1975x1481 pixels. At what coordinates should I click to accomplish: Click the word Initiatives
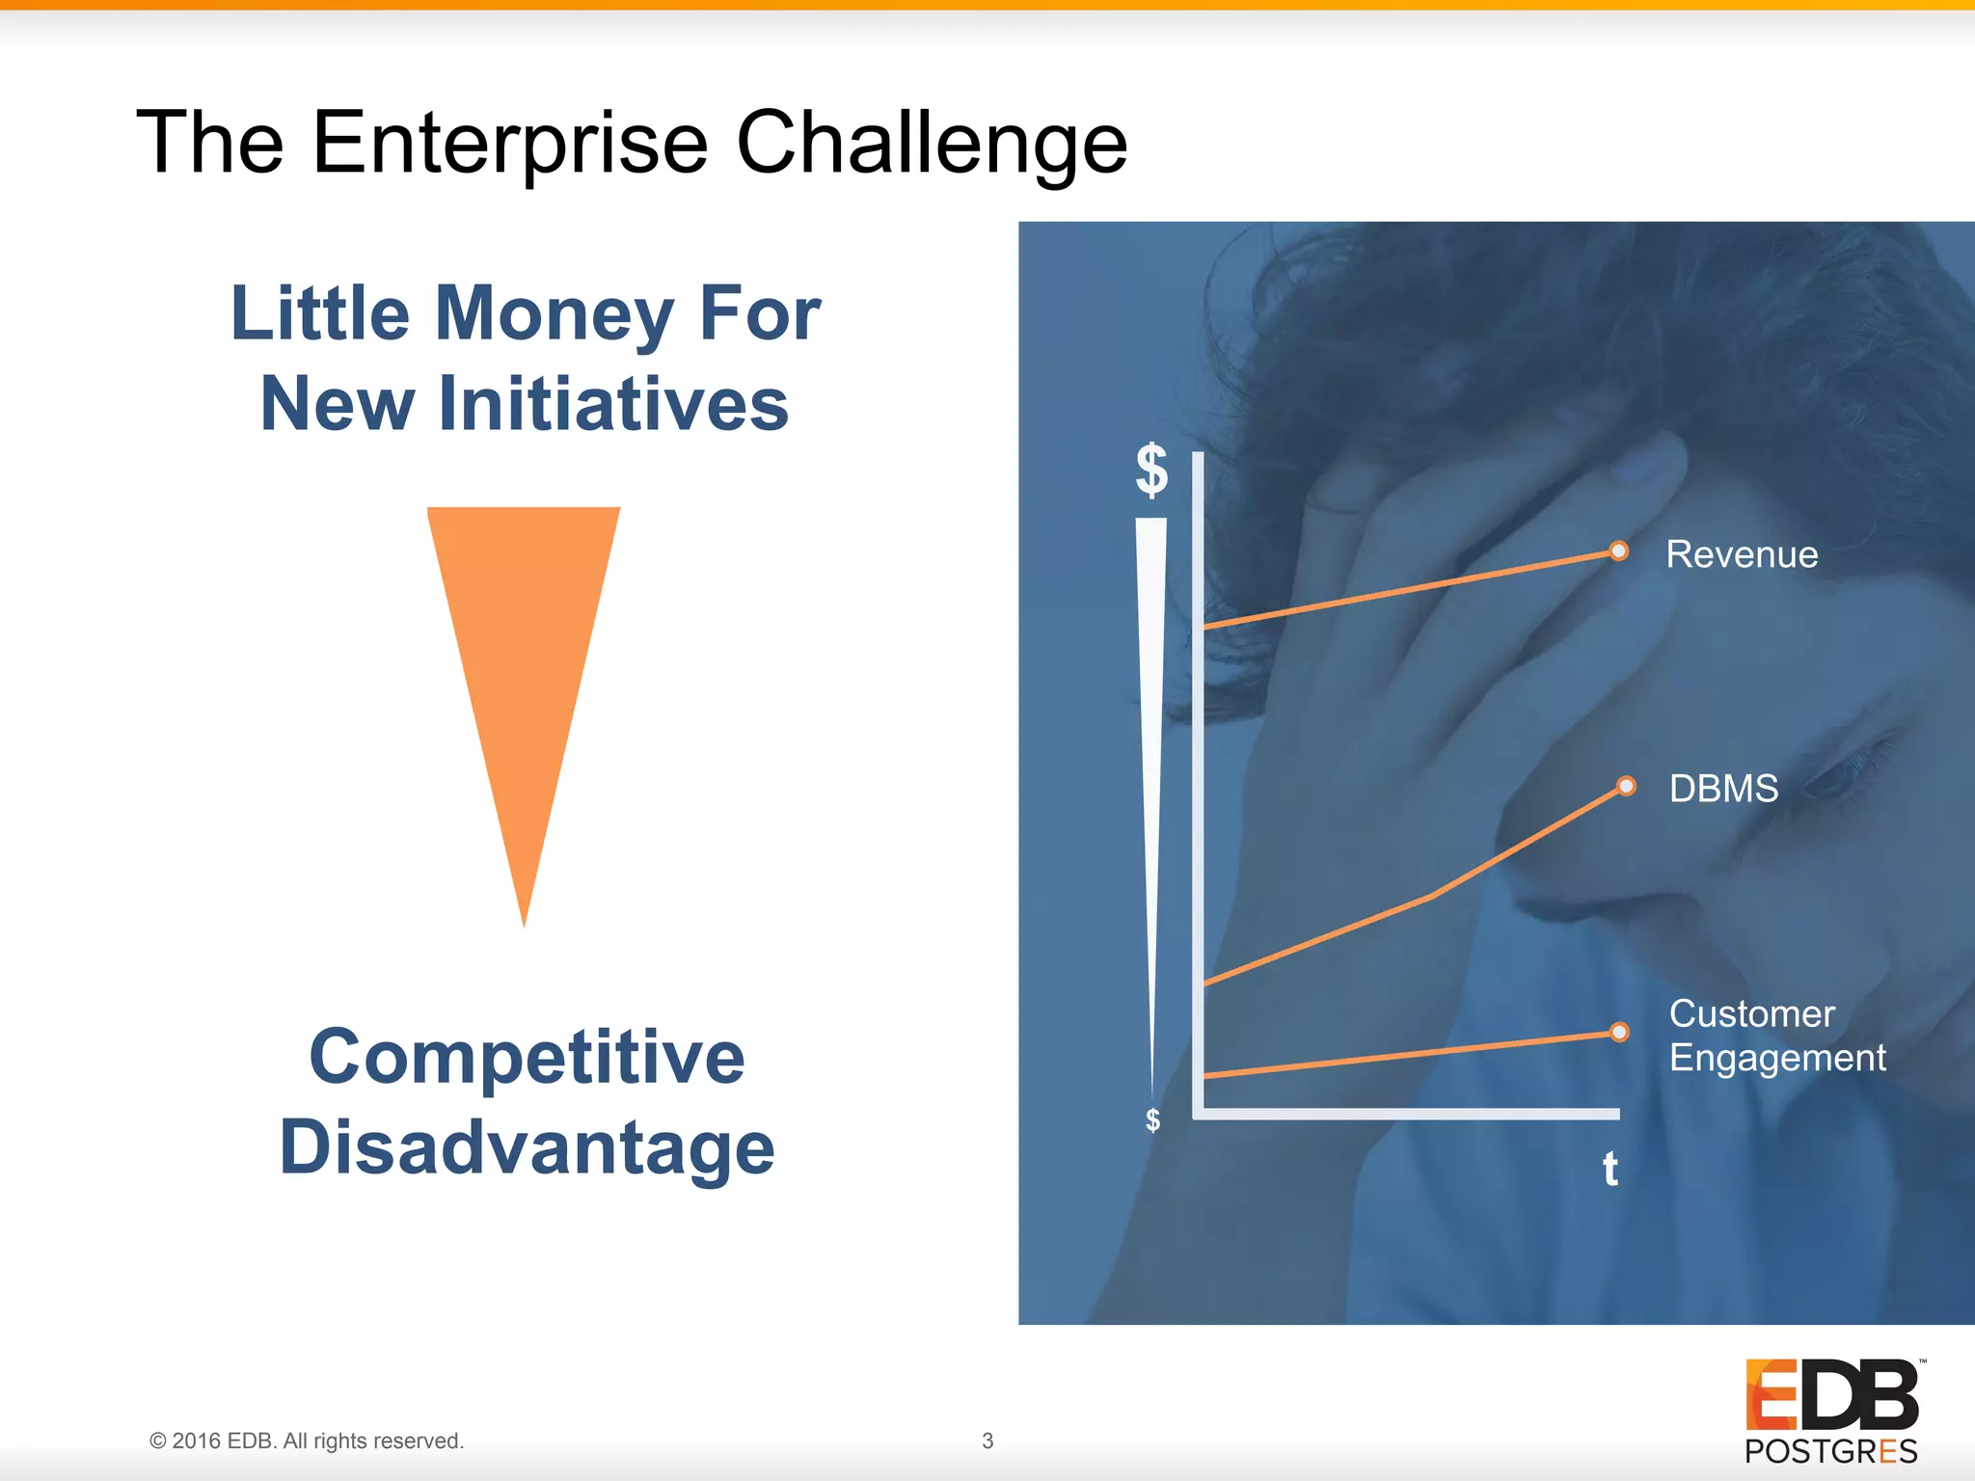[x=613, y=404]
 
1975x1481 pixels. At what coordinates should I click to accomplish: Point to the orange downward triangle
[x=524, y=656]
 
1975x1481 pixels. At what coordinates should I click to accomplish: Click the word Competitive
[x=527, y=1058]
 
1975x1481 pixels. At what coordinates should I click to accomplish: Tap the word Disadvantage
[x=527, y=1147]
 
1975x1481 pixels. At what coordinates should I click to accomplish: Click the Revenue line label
[x=1742, y=554]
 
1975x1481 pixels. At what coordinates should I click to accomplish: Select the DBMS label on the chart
[x=1723, y=789]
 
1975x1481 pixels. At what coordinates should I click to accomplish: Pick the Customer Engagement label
[x=1776, y=1036]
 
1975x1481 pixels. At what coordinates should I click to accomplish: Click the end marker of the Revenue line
[x=1618, y=551]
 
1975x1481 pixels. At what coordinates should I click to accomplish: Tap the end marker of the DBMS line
[x=1626, y=786]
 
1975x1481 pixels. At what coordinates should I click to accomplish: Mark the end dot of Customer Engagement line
[x=1619, y=1032]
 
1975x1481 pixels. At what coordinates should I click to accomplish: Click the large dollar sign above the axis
[x=1151, y=470]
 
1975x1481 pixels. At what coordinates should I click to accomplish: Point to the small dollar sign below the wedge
[x=1152, y=1119]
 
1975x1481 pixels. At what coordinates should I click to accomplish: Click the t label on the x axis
[x=1610, y=1169]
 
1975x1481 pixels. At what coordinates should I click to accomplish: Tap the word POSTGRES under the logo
[x=1830, y=1451]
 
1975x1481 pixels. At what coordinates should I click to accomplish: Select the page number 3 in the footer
[x=987, y=1441]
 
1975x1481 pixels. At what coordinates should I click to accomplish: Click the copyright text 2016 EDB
[x=307, y=1441]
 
